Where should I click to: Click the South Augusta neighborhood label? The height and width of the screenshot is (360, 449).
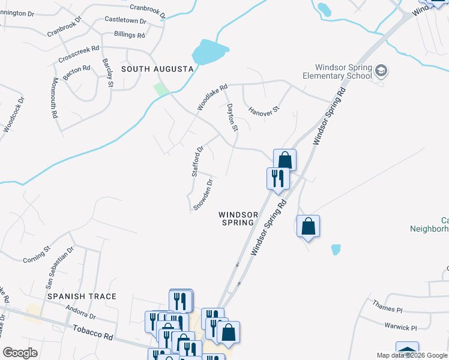click(x=157, y=69)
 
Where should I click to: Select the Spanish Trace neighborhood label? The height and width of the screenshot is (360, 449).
click(x=82, y=296)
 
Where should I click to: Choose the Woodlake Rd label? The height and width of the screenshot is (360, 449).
click(x=212, y=97)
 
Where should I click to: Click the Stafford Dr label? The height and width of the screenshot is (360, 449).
click(x=197, y=161)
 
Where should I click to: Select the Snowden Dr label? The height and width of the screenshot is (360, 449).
click(x=203, y=194)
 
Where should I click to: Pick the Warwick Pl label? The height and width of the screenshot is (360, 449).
click(x=400, y=328)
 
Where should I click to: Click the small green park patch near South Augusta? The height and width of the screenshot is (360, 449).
click(x=160, y=89)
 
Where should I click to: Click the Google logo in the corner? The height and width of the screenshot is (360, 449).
click(x=20, y=353)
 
